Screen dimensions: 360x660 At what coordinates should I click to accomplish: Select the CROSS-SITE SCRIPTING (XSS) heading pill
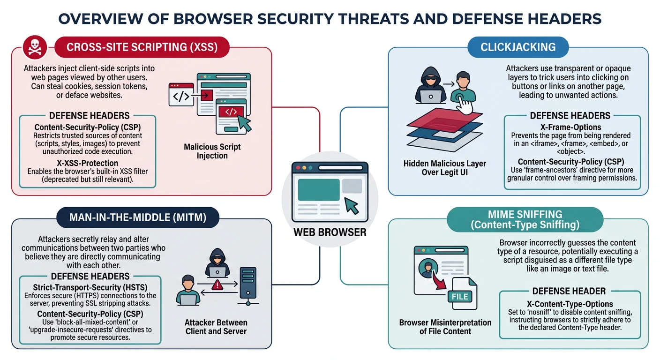142,47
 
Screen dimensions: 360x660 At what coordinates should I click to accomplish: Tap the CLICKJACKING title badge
518,47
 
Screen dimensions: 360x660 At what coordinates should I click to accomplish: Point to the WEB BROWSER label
330,232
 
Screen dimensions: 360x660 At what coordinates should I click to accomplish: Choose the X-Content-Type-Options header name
570,304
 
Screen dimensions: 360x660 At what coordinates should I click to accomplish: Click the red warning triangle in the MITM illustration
217,285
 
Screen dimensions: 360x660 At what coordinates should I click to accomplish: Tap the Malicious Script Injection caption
212,151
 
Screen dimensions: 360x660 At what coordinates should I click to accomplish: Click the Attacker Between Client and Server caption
216,327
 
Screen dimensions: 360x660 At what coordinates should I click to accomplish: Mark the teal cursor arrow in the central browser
352,205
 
